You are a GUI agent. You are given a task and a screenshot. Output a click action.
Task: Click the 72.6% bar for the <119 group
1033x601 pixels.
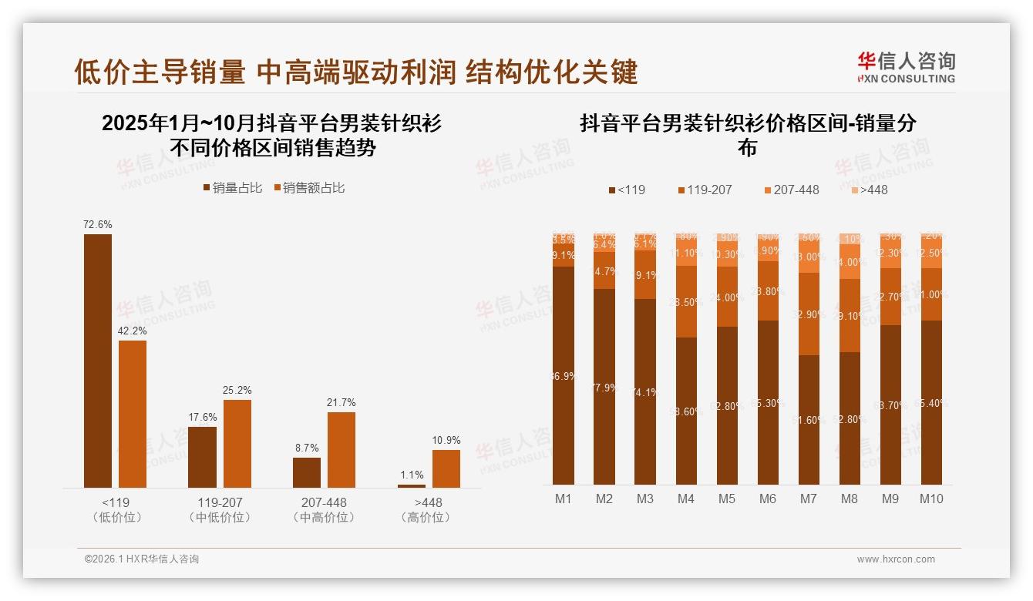98,361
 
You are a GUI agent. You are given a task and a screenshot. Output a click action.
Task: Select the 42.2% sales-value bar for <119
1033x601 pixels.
133,414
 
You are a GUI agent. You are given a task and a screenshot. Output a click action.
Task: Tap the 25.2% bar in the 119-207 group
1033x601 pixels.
237,443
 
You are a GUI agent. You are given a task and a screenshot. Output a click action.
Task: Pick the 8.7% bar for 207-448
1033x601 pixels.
307,472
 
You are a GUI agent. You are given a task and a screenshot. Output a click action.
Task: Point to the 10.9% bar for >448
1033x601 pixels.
446,468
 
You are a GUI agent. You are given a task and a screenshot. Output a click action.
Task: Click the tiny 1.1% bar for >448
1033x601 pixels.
412,485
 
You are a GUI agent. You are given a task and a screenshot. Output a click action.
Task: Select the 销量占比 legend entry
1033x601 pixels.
232,188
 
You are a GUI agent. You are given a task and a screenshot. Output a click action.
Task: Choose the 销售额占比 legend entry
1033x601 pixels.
309,188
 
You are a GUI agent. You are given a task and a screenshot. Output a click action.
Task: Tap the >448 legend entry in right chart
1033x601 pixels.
870,190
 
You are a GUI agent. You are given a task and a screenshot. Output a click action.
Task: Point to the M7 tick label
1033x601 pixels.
808,499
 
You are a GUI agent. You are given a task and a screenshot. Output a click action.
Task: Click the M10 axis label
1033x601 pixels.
931,499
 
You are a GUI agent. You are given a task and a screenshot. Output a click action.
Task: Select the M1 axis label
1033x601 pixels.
564,499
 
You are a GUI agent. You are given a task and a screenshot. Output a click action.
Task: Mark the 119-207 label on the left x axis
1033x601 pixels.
220,502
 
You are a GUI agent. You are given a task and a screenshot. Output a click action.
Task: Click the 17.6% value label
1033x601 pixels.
204,418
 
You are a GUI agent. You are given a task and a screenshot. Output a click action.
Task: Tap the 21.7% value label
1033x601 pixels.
342,403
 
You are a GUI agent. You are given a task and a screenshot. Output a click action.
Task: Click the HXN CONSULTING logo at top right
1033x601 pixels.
906,68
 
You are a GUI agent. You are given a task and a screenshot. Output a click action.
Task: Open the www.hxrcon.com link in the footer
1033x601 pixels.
896,559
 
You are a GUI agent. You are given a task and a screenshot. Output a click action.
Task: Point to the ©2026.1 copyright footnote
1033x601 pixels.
142,559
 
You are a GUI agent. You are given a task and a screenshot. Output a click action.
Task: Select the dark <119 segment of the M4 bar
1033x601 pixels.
686,411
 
